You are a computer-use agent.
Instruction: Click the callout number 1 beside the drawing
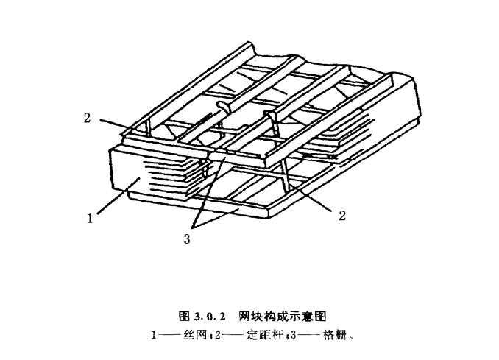click(89, 217)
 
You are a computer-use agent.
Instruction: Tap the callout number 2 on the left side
click(88, 117)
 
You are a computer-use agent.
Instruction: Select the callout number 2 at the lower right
click(341, 215)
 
